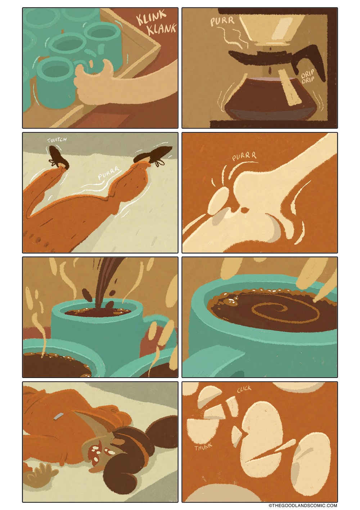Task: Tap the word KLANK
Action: pos(162,28)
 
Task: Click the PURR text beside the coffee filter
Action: pos(222,22)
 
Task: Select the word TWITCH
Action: pos(57,140)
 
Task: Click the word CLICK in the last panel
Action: pos(244,389)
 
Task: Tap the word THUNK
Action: pos(203,447)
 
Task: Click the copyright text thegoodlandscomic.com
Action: pos(303,505)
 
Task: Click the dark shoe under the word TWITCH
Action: pos(58,157)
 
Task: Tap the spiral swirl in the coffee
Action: pos(285,311)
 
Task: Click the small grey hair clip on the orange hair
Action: pos(58,416)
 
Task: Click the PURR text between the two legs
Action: pos(108,173)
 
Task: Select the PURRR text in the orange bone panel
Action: pos(244,157)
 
